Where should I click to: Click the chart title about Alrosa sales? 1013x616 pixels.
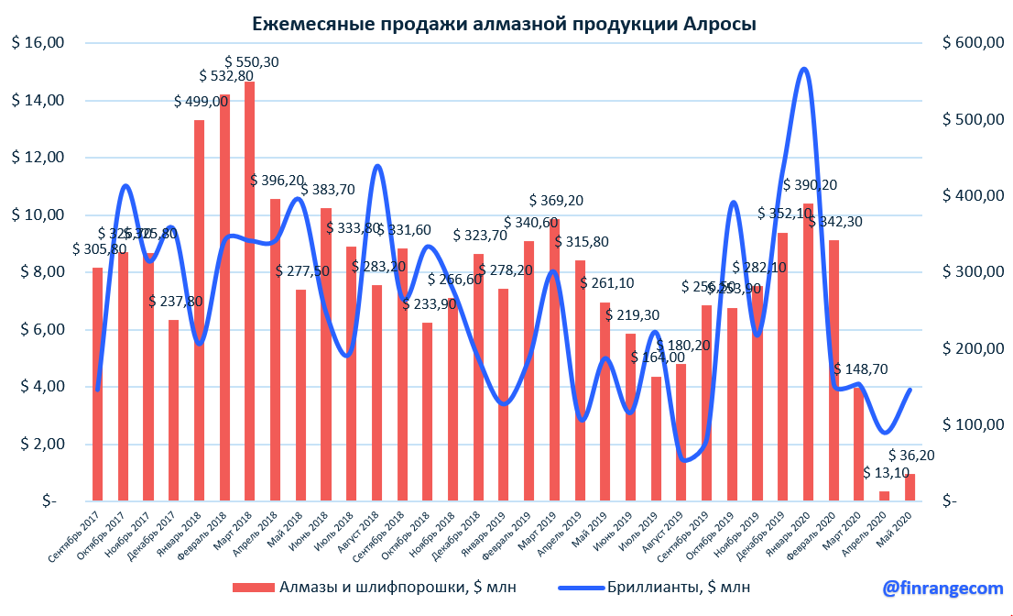(x=506, y=24)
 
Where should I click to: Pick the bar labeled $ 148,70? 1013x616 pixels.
(x=858, y=445)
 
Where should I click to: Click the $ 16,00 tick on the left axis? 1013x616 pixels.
(x=37, y=43)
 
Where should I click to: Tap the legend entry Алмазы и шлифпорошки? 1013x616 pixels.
(x=385, y=586)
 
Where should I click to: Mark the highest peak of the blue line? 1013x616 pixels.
(x=803, y=69)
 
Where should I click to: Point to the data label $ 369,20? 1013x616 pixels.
(x=556, y=200)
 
